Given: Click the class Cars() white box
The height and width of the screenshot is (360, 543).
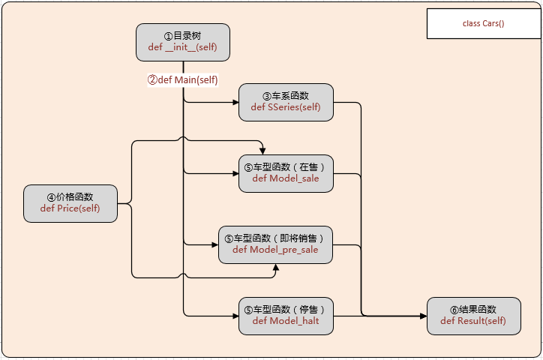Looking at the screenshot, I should pyautogui.click(x=483, y=23).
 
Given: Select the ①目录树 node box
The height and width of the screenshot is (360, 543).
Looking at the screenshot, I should pyautogui.click(x=183, y=42).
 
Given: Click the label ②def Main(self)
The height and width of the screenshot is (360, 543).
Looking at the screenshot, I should pyautogui.click(x=182, y=79).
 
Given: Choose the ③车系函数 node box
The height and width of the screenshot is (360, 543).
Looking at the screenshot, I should pyautogui.click(x=286, y=102).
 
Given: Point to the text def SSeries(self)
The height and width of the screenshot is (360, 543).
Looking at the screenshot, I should pyautogui.click(x=286, y=108).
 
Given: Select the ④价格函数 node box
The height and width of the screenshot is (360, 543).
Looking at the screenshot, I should pyautogui.click(x=70, y=203).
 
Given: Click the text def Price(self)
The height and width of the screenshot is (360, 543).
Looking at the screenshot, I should pyautogui.click(x=70, y=208).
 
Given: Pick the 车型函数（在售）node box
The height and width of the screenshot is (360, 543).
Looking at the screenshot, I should pyautogui.click(x=286, y=173).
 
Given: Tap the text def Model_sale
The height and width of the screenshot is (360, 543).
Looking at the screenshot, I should pyautogui.click(x=286, y=178).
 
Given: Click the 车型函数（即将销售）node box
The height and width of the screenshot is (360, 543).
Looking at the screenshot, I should pyautogui.click(x=275, y=244).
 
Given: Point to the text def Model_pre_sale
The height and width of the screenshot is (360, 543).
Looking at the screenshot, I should pyautogui.click(x=275, y=250).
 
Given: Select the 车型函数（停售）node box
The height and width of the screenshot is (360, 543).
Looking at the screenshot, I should pyautogui.click(x=286, y=316).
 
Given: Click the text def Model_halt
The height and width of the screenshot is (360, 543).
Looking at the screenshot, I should pyautogui.click(x=286, y=321).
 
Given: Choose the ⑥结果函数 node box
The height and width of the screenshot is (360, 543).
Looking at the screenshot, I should pyautogui.click(x=473, y=316).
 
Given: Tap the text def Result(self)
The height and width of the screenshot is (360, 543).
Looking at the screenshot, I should pyautogui.click(x=473, y=321).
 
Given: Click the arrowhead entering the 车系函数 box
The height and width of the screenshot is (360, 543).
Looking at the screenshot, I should pyautogui.click(x=235, y=103).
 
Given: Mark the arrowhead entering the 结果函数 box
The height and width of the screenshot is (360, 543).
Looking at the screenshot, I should pyautogui.click(x=422, y=316).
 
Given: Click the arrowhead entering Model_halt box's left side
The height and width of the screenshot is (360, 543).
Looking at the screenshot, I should pyautogui.click(x=235, y=316).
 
